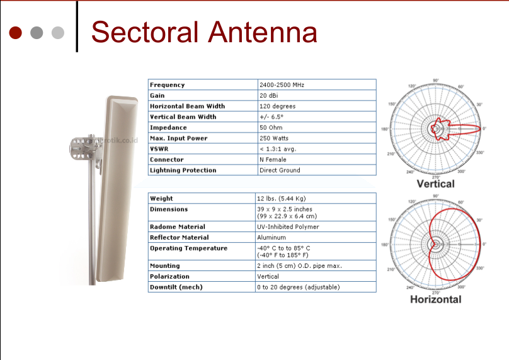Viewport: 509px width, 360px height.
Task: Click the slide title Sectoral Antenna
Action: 203,32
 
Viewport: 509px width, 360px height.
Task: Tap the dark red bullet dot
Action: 16,32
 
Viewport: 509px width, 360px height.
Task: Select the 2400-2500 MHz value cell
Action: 282,84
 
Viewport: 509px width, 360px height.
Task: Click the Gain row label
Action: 157,95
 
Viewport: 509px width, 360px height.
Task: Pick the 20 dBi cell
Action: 269,95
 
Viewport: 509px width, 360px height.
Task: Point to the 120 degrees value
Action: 277,106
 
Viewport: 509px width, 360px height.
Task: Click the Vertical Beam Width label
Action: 183,117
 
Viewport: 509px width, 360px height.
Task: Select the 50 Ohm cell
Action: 271,127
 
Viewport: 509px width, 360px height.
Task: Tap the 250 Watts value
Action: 274,138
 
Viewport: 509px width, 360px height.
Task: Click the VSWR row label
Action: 159,149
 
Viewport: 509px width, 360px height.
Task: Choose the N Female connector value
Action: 273,160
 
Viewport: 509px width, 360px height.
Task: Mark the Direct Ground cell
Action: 280,170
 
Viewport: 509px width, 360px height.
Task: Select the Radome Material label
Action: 177,226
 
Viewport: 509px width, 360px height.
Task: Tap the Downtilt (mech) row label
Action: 176,287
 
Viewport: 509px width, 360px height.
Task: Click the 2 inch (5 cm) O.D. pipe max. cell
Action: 299,265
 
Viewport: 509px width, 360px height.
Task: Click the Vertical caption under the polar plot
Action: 435,183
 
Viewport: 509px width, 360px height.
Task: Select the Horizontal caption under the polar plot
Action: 435,299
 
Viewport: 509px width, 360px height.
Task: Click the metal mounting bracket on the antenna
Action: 83,146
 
